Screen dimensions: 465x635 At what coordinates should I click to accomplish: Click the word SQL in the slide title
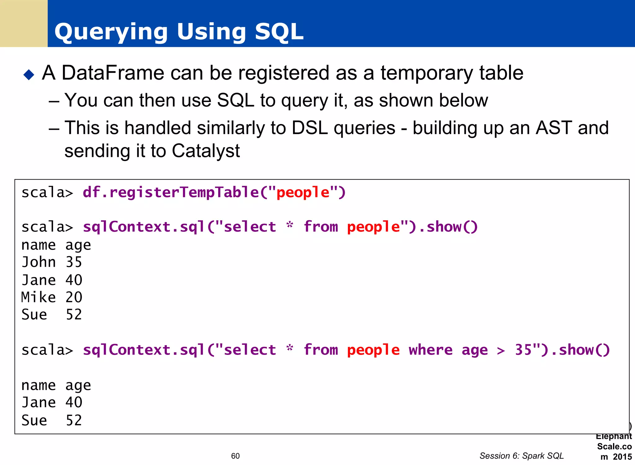[279, 32]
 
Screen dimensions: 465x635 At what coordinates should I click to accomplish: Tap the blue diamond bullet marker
[29, 74]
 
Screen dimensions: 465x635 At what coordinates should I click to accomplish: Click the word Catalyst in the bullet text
[206, 151]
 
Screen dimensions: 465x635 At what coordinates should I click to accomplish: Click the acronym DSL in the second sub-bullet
[310, 128]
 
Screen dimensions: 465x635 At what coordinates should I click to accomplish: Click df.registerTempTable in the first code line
[171, 192]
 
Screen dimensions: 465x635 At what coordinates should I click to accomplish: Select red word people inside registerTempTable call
[303, 192]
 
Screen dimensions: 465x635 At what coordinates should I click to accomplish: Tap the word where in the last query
[430, 350]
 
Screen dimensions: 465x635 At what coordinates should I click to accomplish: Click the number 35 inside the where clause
[523, 350]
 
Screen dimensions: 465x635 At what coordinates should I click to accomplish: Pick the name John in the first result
[38, 262]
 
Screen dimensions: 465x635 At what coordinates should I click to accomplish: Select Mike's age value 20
[74, 297]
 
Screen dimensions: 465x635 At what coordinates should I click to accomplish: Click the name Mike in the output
[38, 297]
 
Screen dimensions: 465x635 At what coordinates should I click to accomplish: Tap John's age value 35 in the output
[74, 262]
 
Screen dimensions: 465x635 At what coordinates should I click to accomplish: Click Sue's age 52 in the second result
[74, 420]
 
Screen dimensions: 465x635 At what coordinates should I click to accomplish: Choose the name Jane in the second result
[38, 403]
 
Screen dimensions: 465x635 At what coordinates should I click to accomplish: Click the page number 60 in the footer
[235, 456]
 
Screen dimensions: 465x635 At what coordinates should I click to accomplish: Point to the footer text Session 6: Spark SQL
[522, 456]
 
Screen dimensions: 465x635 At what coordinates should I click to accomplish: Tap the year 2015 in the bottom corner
[622, 457]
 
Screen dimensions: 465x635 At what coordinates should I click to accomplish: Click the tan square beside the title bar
[24, 23]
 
